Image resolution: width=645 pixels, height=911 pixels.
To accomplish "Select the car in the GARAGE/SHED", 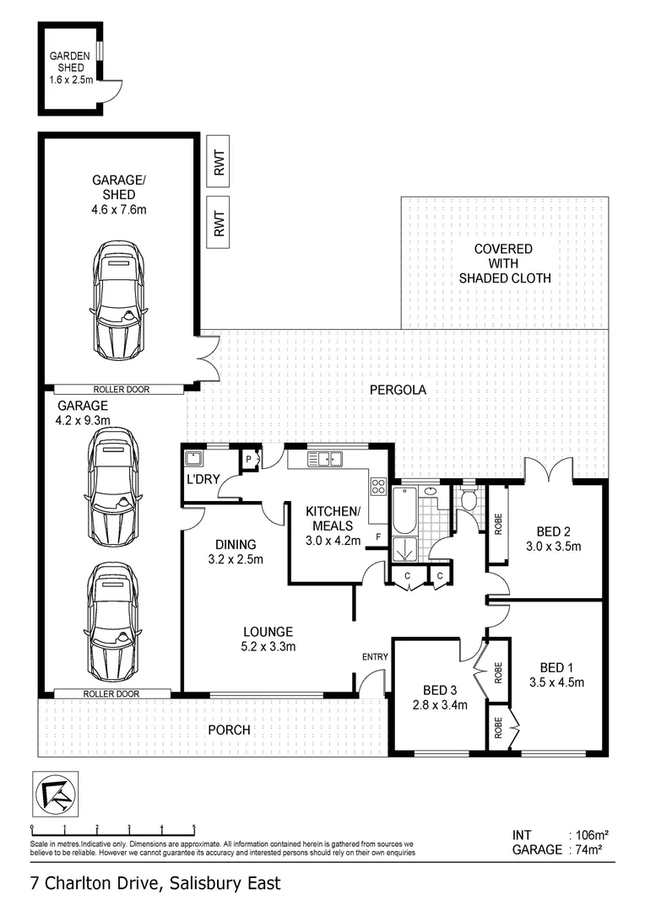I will point(117,299).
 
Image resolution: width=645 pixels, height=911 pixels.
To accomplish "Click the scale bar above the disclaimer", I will point(112,831).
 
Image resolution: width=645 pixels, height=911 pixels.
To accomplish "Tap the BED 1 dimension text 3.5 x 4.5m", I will point(556,682).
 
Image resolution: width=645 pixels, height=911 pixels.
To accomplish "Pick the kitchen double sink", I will point(324,460).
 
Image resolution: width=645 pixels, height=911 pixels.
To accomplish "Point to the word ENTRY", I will point(374,657).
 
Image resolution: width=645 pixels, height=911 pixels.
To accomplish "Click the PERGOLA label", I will point(396,390).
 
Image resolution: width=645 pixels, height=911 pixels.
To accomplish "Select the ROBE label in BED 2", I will point(498,524).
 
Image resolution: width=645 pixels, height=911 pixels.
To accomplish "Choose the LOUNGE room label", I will point(268,631).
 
